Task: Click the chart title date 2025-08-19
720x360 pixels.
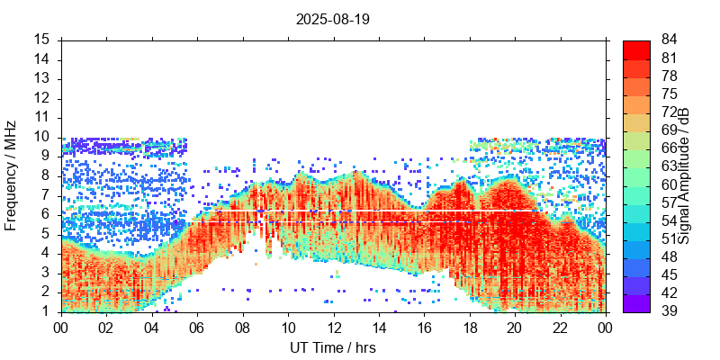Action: coord(331,18)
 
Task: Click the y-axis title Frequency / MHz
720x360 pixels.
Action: coord(11,175)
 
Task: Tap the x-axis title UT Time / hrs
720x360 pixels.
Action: coord(332,347)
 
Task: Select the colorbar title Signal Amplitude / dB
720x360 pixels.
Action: coord(684,175)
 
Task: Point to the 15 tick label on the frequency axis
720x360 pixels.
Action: coord(41,40)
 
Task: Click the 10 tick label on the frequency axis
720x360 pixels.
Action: coord(41,137)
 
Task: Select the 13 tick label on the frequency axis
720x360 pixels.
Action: coord(41,78)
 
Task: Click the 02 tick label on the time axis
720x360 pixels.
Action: coord(106,328)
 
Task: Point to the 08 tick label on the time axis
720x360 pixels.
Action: coord(242,328)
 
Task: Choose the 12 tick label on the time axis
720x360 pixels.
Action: coord(333,328)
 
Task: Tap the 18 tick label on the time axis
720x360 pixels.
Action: coord(469,328)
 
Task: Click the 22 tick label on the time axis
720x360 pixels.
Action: coord(560,328)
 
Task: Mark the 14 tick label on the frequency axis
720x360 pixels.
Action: coord(41,59)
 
